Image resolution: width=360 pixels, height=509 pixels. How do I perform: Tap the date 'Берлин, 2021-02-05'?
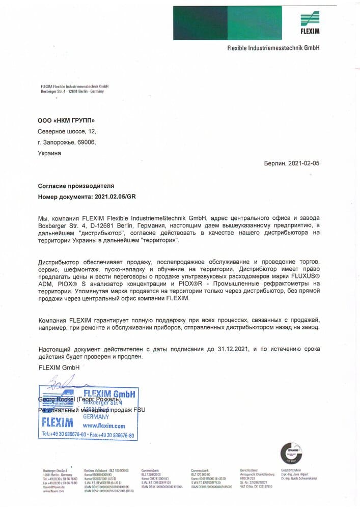click(292, 164)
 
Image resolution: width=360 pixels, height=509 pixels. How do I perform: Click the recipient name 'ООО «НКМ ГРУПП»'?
click(67, 121)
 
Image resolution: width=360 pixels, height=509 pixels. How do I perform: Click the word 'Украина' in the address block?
click(49, 153)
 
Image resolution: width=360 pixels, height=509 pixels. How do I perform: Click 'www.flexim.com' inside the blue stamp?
click(104, 426)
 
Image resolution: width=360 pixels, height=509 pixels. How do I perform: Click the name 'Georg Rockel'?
click(57, 400)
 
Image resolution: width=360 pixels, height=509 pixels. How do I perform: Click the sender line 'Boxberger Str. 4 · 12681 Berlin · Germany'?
click(72, 91)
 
